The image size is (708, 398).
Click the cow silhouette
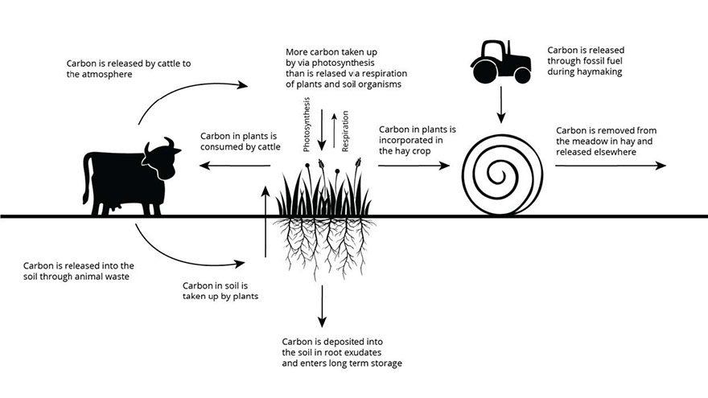click(x=129, y=177)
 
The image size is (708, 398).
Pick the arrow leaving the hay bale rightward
click(x=610, y=166)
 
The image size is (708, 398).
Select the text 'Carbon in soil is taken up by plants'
click(x=218, y=289)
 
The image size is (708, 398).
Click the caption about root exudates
click(x=341, y=352)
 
